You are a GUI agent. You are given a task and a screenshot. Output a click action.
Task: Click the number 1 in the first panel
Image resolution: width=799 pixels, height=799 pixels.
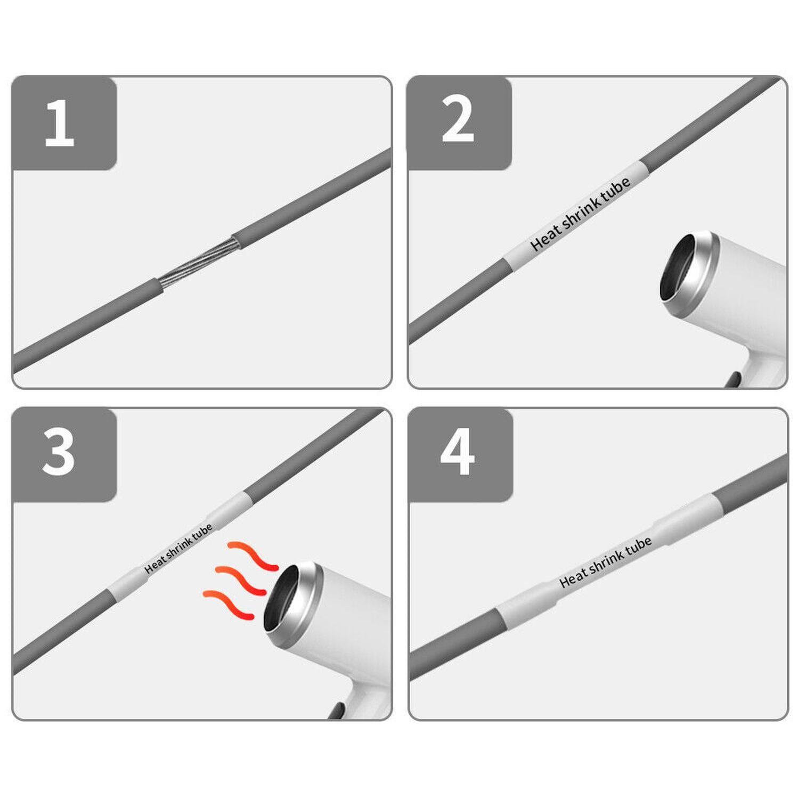coord(60,123)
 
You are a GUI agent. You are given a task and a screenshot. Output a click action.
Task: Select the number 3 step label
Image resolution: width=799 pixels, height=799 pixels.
coord(59,452)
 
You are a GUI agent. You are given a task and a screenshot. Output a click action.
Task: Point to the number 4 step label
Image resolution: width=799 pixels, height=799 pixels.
coord(458,452)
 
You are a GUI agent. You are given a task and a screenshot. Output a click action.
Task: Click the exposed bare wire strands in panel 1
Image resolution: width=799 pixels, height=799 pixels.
coord(198,263)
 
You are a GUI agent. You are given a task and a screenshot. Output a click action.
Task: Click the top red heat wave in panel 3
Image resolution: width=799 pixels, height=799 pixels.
coord(252,556)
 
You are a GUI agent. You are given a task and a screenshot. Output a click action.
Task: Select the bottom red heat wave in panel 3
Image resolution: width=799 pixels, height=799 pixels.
coord(229,604)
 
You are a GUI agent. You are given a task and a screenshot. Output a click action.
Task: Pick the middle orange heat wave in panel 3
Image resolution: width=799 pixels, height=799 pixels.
coord(240,581)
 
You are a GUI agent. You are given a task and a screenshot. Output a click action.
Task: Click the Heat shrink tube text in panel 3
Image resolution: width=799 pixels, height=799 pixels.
coord(178,549)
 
